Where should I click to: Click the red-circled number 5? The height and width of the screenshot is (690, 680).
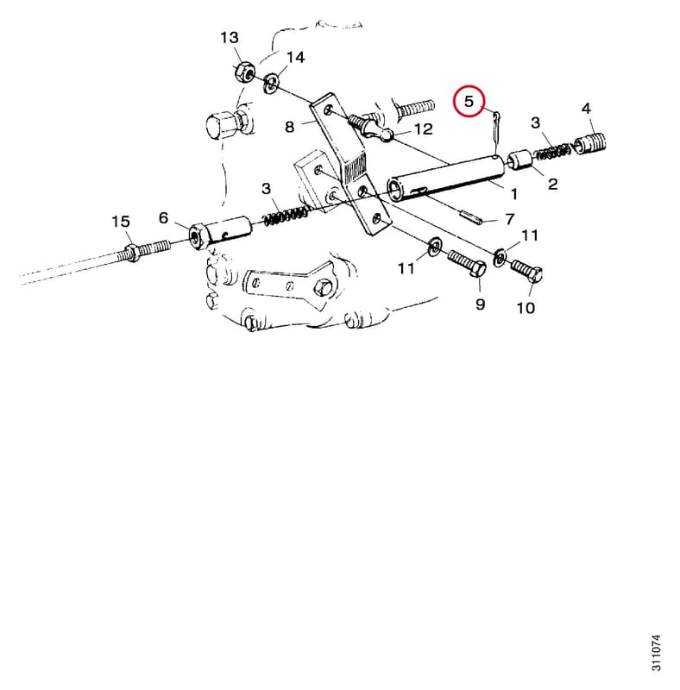pos(469,101)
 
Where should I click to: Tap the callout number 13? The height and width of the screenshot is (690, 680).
pos(230,37)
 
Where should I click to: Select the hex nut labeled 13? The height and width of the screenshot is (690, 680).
pos(243,72)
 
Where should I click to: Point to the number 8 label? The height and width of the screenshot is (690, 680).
pos(289,127)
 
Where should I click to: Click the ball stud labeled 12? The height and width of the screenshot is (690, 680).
pos(371,127)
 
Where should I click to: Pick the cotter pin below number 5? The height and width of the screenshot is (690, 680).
pos(496,131)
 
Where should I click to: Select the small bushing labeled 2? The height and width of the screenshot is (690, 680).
pos(520,160)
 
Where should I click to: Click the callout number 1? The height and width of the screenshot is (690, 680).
pos(513,193)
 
